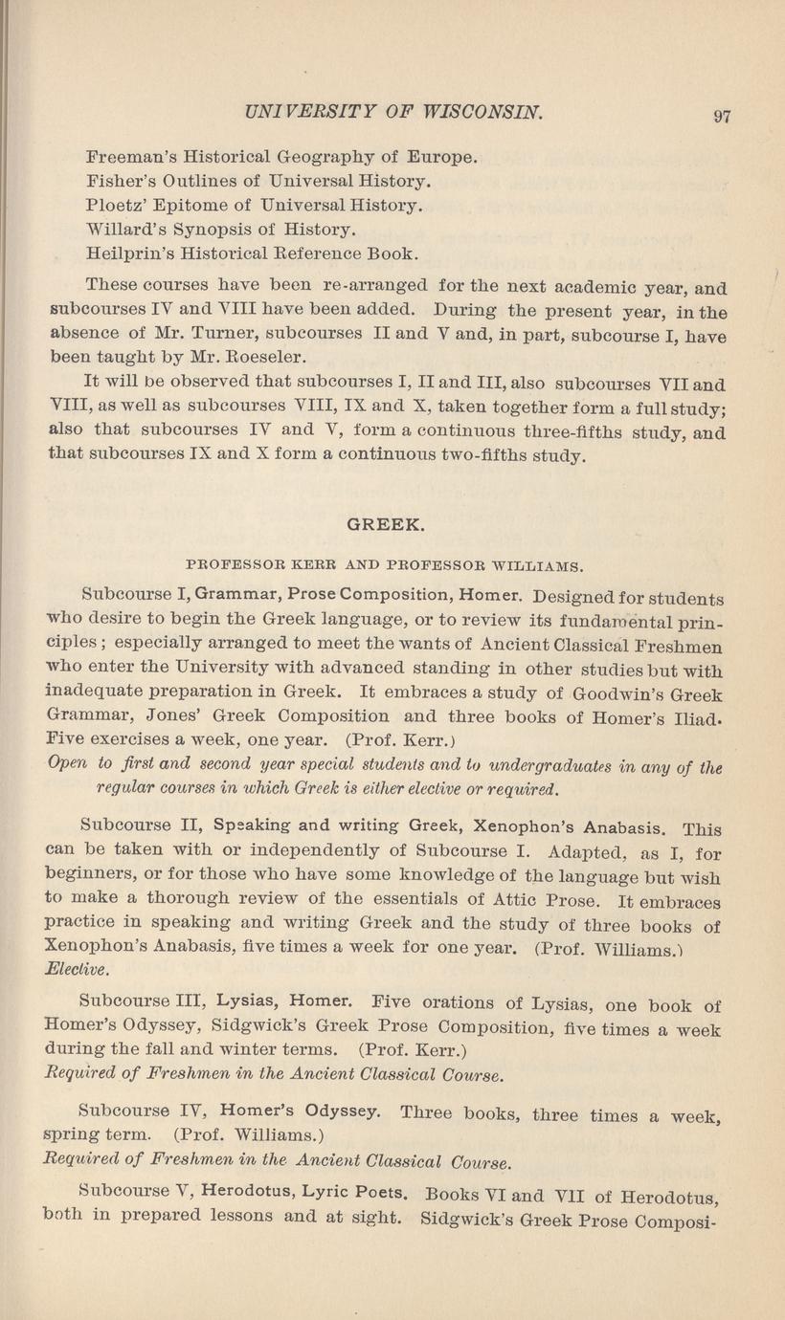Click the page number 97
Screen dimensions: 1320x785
[722, 117]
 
